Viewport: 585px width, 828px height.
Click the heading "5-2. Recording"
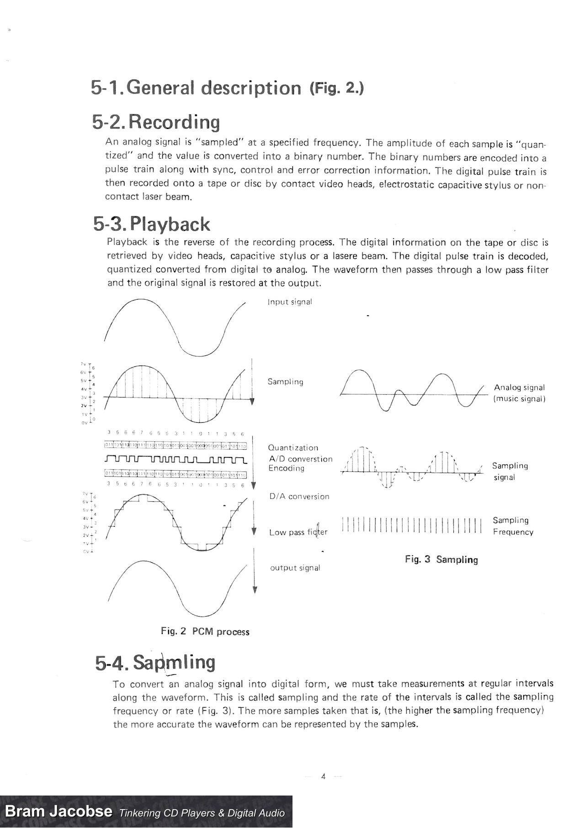pos(155,122)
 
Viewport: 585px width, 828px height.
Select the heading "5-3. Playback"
pos(152,224)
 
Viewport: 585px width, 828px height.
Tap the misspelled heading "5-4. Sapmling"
pos(155,662)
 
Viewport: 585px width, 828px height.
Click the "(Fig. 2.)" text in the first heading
pos(336,88)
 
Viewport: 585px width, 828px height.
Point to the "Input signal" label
pos(290,302)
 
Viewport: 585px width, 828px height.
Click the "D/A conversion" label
pos(299,496)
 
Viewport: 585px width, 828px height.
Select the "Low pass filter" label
pos(298,532)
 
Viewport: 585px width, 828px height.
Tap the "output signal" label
pos(295,568)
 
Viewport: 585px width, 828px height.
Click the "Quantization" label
pos(293,448)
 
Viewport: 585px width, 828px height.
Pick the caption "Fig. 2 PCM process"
pos(205,632)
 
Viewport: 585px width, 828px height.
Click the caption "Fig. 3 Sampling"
pos(441,559)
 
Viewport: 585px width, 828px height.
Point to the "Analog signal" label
pos(519,387)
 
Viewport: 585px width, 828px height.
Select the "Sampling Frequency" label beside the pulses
pos(513,526)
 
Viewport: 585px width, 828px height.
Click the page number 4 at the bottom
pos(323,776)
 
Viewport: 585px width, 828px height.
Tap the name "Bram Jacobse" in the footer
pos(58,812)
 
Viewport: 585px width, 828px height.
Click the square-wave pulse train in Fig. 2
pos(176,459)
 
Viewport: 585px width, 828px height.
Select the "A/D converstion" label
pos(300,459)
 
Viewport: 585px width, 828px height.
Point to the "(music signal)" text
pos(520,398)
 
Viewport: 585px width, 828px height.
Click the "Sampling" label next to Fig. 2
pos(285,382)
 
